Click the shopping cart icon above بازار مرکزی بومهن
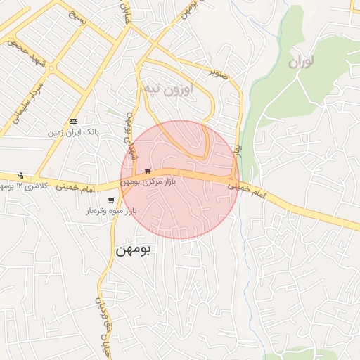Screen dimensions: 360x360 click(148, 171)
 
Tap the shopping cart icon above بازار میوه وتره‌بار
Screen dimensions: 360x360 click(111, 200)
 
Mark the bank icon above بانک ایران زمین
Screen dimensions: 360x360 click(74, 121)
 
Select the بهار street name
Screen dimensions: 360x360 click(238, 152)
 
